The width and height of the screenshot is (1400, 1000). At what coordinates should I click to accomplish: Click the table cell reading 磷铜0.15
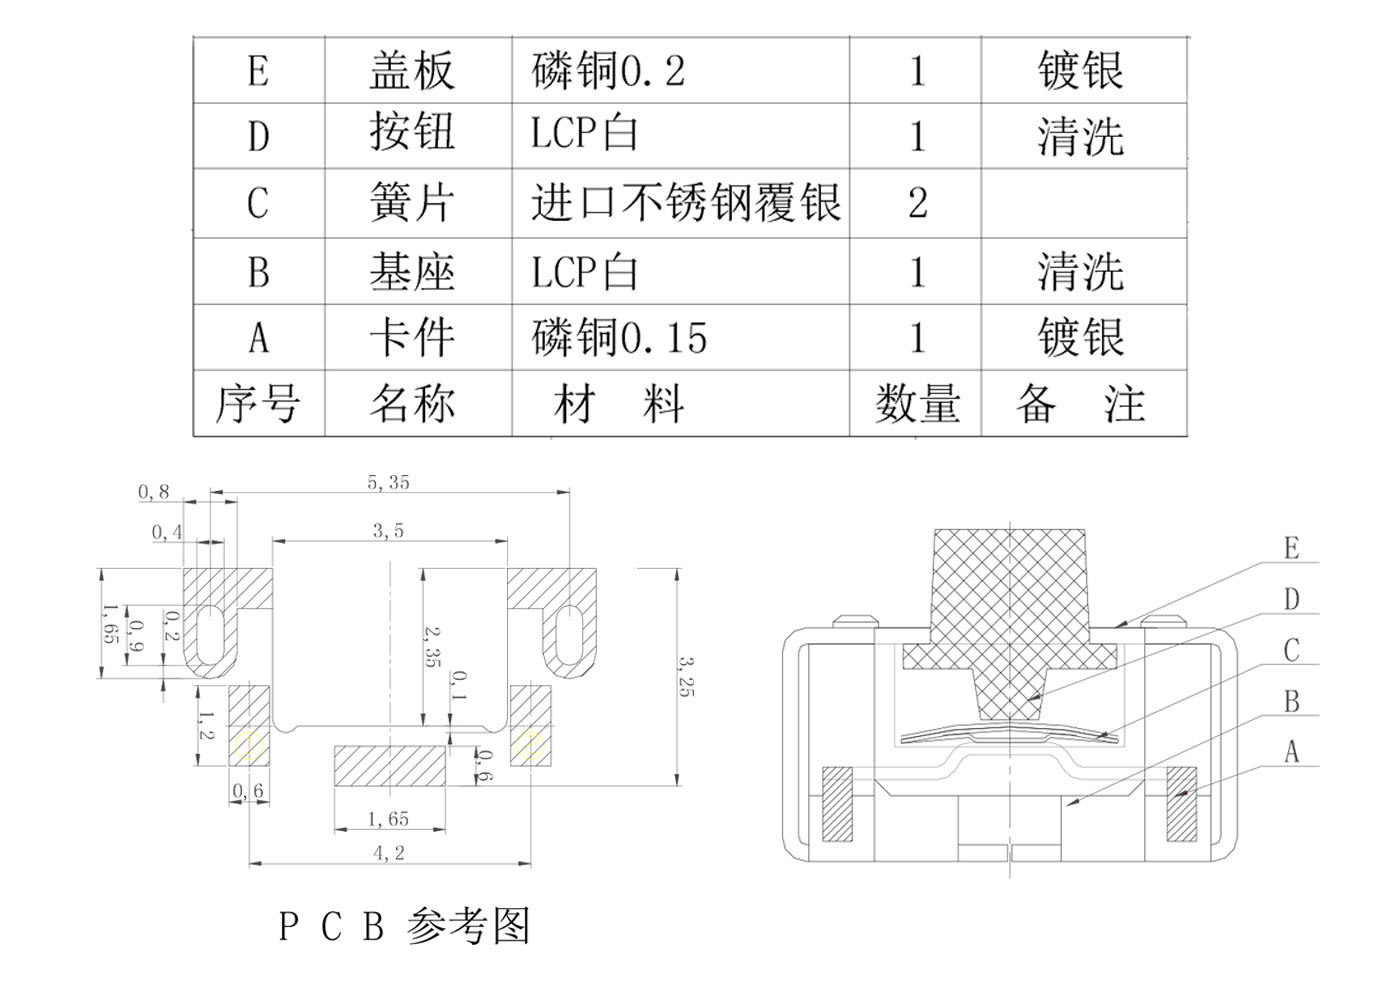tap(619, 338)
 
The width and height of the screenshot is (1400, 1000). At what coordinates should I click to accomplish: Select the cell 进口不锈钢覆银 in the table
tap(685, 203)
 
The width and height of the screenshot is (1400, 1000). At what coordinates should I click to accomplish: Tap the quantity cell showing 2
tap(917, 203)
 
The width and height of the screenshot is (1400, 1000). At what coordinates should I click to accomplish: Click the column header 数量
tap(917, 404)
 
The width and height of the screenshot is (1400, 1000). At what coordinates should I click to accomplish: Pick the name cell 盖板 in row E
tap(412, 71)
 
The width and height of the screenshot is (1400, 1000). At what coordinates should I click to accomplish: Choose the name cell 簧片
tap(412, 203)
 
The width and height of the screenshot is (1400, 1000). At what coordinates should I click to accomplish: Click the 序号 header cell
tap(258, 404)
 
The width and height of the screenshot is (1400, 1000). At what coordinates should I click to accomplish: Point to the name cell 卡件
tap(412, 338)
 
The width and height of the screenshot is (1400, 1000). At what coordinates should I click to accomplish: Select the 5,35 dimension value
tap(388, 483)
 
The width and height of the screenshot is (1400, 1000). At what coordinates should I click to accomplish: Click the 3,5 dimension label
tap(388, 531)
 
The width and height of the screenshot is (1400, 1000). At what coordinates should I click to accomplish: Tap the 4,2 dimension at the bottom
tap(389, 853)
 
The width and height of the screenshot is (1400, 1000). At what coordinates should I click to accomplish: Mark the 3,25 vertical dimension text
tap(686, 676)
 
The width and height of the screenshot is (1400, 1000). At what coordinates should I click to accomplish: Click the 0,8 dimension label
tap(154, 492)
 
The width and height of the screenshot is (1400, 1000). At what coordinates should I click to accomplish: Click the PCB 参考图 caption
tap(404, 927)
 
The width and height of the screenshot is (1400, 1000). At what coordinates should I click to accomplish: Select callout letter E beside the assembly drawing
tap(1291, 549)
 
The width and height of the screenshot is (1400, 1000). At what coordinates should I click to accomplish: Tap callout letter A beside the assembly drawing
tap(1291, 751)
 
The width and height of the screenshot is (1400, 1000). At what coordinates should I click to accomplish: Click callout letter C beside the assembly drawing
tap(1291, 651)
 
